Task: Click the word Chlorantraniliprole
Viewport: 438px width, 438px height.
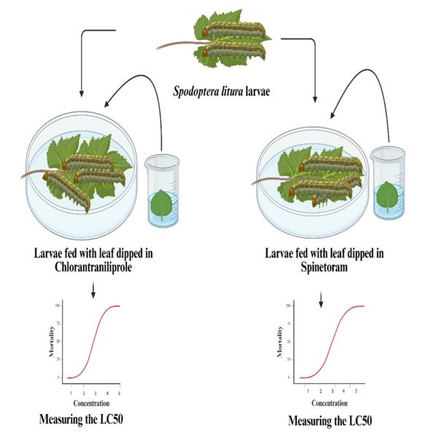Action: pos(93,267)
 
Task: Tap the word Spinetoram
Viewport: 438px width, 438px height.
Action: pos(324,267)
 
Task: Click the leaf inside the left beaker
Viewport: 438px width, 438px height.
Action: pos(161,204)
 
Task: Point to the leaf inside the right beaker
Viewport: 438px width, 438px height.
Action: pos(387,196)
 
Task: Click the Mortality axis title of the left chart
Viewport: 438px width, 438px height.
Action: pos(51,342)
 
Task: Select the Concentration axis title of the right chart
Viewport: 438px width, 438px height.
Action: pos(330,403)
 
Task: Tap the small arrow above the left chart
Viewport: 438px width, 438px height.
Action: pos(93,291)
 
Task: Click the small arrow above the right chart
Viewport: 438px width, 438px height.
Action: pos(321,299)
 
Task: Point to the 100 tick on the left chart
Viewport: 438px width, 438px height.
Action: pos(57,306)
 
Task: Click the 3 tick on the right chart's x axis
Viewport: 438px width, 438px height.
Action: pos(332,391)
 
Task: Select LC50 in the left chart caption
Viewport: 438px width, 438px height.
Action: pos(110,419)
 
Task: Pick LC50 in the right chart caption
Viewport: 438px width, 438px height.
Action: pos(359,420)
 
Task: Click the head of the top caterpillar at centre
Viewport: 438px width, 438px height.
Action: pos(204,32)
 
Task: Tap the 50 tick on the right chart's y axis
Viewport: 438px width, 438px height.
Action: pos(289,342)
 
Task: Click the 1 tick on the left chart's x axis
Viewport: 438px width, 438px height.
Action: pos(71,393)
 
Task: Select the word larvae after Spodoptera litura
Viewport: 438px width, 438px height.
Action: pos(258,92)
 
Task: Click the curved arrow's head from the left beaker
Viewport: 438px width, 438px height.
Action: pos(107,104)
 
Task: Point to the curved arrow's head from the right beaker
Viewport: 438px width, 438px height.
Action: pos(333,115)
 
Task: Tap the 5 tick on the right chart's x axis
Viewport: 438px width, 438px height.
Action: pos(356,391)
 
